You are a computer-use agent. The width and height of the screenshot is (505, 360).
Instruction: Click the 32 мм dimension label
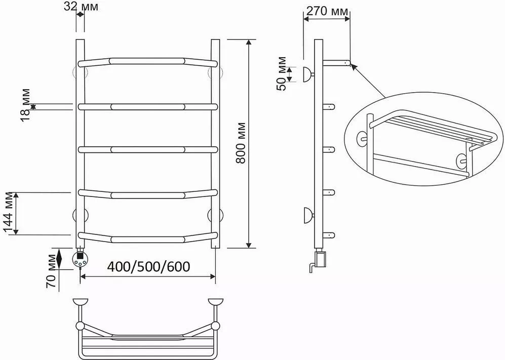(x=81, y=6)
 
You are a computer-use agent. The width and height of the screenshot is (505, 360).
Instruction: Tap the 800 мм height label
(x=241, y=143)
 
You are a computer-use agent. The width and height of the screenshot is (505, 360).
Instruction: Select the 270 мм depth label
(x=327, y=11)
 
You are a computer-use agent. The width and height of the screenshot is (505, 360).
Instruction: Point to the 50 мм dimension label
(x=281, y=73)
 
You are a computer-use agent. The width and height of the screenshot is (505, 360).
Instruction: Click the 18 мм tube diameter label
(x=25, y=105)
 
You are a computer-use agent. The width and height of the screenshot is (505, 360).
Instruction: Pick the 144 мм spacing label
(x=9, y=213)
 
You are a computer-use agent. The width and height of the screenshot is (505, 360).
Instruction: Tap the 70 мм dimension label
(x=52, y=271)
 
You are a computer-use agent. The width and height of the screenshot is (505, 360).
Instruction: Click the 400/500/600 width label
(x=148, y=267)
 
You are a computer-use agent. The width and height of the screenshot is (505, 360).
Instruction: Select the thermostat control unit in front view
(x=80, y=259)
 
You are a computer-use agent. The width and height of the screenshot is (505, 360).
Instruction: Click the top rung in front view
(x=148, y=61)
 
